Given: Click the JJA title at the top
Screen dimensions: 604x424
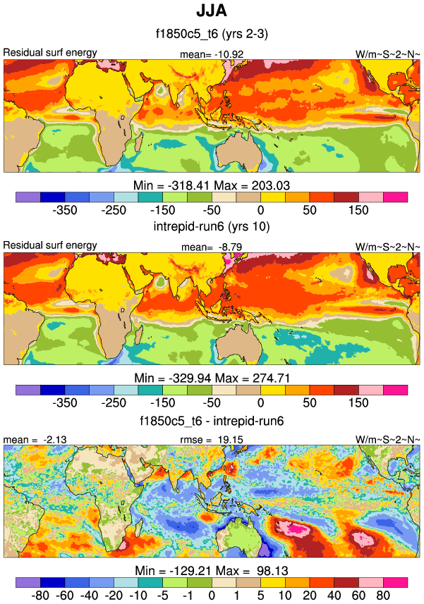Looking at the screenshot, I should point(212,13).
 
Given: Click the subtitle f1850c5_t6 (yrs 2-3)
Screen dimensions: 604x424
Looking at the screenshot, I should point(212,33).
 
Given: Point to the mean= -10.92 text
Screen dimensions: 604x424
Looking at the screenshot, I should point(212,54).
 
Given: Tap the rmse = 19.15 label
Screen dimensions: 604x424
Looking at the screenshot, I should point(212,439).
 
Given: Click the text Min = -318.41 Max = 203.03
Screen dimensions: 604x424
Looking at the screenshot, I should point(212,184).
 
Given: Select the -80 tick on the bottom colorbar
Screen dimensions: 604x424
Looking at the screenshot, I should point(40,596).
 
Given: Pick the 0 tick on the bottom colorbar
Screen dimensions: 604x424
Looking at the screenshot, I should point(212,596).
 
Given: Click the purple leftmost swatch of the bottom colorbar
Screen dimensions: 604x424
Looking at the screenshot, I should point(28,582).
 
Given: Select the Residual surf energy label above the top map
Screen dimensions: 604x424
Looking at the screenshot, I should point(50,53).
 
